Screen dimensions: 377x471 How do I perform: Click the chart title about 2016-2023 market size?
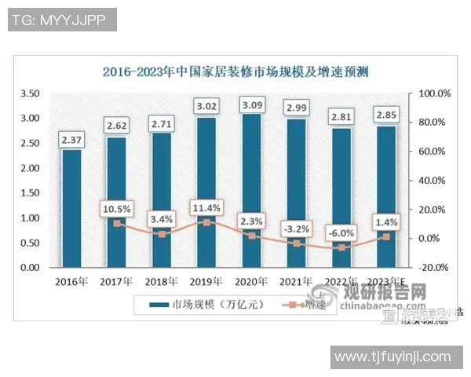235,71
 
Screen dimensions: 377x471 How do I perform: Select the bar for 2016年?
71,208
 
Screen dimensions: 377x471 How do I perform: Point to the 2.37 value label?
71,141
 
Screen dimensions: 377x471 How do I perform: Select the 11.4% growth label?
206,208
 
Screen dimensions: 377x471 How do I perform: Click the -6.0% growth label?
341,232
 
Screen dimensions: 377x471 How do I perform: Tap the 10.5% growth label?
116,209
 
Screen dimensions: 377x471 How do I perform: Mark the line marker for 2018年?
162,234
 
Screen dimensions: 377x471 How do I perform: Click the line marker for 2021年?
297,243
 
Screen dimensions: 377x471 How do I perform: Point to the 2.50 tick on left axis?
30,143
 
